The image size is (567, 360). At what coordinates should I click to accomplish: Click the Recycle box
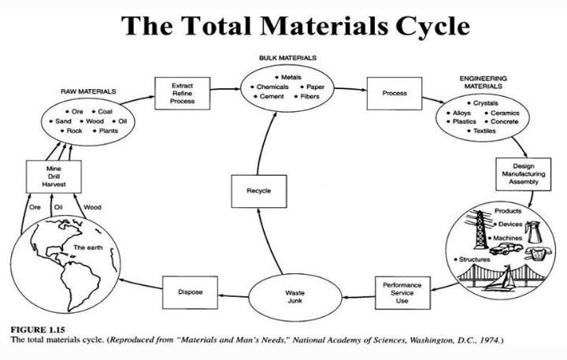259,191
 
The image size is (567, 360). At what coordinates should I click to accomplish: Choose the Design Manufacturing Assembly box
517,174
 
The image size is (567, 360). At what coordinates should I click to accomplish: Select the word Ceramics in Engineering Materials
505,113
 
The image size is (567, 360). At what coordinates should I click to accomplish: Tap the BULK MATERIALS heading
287,58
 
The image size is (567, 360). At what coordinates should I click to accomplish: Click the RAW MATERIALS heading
83,92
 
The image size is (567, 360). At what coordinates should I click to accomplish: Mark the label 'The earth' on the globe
87,247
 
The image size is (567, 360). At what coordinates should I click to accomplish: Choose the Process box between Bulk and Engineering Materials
395,93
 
